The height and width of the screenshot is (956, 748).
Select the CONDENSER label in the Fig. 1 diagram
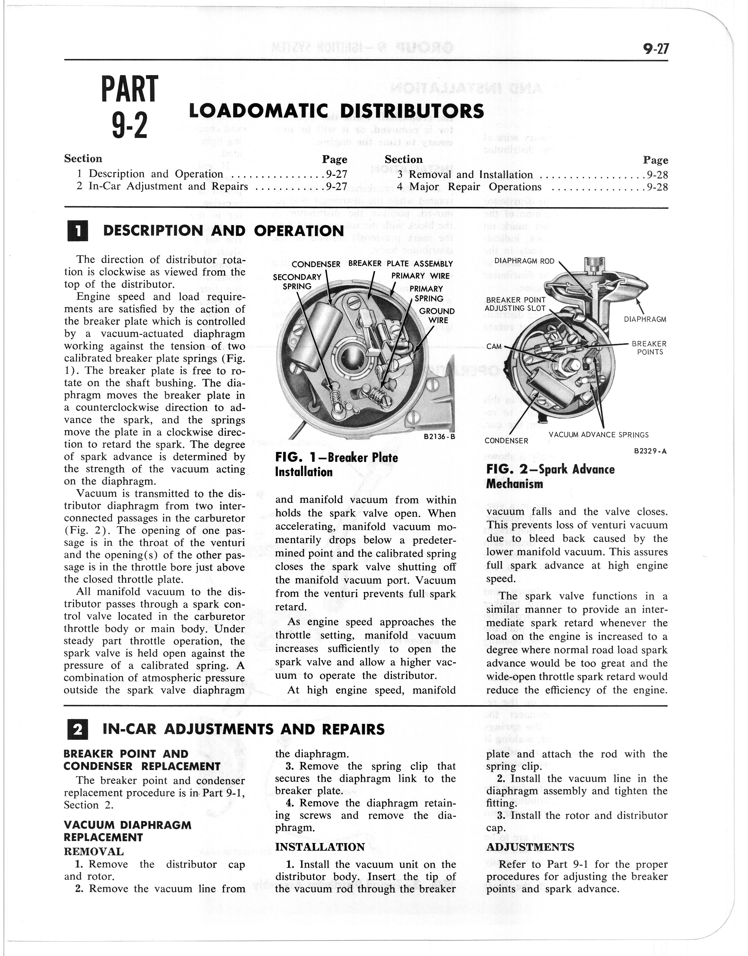tap(316, 264)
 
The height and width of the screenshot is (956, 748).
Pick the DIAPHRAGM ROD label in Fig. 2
tap(524, 261)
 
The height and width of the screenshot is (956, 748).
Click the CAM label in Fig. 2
tap(494, 346)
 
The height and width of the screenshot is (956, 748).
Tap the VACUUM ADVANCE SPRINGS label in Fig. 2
tap(599, 435)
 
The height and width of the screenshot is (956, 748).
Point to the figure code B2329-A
tap(650, 451)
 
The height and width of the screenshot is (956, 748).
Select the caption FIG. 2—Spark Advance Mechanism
tap(550, 476)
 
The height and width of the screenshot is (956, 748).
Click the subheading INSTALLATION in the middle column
tap(320, 847)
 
